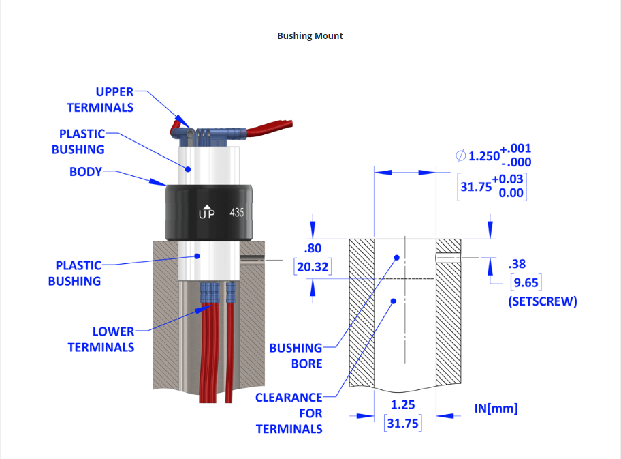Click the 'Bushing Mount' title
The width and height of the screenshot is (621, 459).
click(310, 35)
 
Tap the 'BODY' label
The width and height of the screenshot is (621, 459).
click(85, 172)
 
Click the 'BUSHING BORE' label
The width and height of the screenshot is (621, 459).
click(296, 356)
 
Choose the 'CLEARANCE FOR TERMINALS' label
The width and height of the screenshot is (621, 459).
click(289, 413)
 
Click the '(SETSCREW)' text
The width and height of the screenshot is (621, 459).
click(542, 301)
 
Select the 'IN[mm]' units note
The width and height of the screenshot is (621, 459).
click(496, 409)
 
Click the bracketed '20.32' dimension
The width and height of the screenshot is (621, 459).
click(313, 267)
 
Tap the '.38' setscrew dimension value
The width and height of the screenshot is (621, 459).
click(517, 264)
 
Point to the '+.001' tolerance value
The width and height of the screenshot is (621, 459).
click(515, 149)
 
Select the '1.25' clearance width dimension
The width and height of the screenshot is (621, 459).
click(403, 405)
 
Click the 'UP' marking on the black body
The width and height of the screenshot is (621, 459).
click(206, 213)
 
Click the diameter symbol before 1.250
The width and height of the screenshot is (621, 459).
click(461, 156)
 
